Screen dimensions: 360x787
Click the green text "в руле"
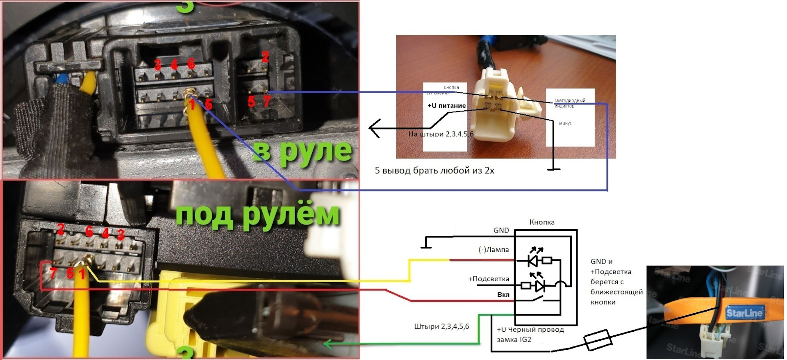tap(302, 152)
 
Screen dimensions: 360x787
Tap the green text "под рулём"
tap(257, 214)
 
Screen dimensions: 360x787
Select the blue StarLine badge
tap(744, 313)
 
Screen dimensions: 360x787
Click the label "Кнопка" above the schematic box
tap(542, 222)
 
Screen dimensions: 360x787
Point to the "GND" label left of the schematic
tap(501, 230)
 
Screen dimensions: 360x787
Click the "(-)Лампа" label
tap(494, 249)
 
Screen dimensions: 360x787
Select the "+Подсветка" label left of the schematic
tap(489, 279)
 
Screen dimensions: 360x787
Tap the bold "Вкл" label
tap(503, 295)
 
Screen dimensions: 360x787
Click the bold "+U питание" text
tap(446, 106)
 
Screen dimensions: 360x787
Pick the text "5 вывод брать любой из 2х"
tap(434, 171)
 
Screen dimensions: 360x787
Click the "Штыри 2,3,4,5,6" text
tap(441, 327)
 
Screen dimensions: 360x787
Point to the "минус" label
tap(565, 123)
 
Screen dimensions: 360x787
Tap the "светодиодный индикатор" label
tap(569, 103)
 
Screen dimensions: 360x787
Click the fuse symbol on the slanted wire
tap(598, 340)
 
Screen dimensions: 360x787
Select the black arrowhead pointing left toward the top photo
tap(373, 128)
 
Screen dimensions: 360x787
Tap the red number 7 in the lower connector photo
tap(53, 273)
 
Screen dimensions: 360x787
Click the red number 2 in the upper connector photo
tap(265, 57)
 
